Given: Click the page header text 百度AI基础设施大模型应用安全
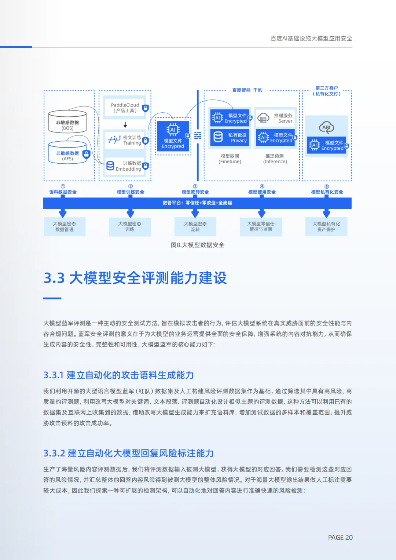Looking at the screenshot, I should click(311, 39).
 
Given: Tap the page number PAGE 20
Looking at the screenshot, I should click(340, 538).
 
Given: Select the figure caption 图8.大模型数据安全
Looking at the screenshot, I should click(197, 245).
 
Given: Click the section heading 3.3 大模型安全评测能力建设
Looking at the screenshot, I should click(135, 278).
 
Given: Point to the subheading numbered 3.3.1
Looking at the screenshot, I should click(118, 375).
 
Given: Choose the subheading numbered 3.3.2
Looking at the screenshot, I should click(128, 453).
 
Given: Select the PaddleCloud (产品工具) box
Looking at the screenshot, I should click(125, 108).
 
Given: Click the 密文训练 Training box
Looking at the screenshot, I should click(125, 140).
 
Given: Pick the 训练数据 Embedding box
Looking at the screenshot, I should click(125, 166).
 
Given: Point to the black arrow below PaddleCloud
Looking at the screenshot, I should click(125, 125).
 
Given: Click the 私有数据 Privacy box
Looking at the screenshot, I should click(230, 138).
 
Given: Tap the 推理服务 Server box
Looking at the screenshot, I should click(275, 118).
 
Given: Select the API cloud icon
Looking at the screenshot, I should click(326, 127).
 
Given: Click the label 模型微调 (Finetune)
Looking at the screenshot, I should click(230, 159).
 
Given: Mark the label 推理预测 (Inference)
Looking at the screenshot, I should click(275, 159).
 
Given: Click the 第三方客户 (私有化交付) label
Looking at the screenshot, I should click(326, 91).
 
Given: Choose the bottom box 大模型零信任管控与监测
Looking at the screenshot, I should click(261, 226).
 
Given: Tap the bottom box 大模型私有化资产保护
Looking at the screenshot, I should click(326, 226).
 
